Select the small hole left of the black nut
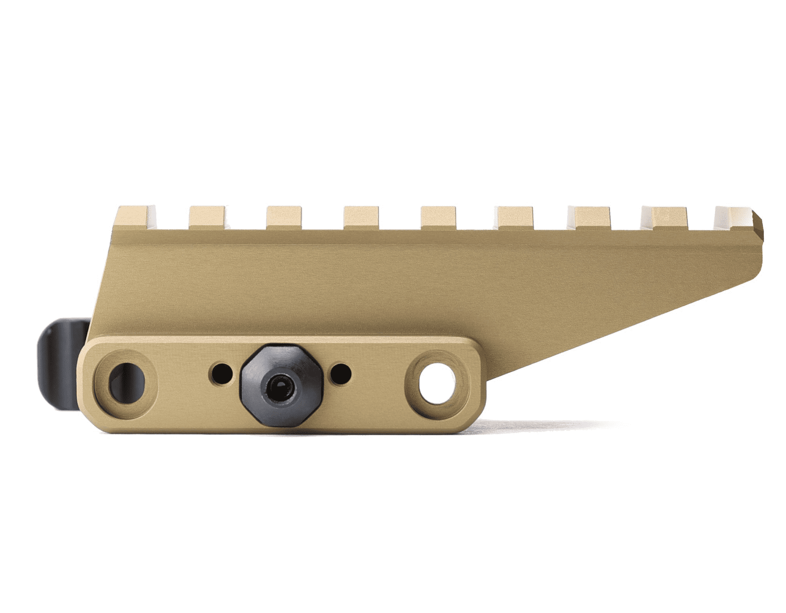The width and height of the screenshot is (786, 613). [x=221, y=374]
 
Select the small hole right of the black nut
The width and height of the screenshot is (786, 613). [x=341, y=374]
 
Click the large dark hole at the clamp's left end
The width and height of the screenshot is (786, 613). [x=126, y=382]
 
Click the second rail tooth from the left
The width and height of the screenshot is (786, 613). [x=207, y=217]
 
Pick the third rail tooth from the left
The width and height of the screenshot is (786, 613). [x=284, y=217]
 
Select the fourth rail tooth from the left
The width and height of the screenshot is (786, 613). [x=361, y=217]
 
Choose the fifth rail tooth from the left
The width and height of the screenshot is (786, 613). [x=438, y=217]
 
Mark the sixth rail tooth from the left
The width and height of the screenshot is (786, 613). [x=516, y=217]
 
